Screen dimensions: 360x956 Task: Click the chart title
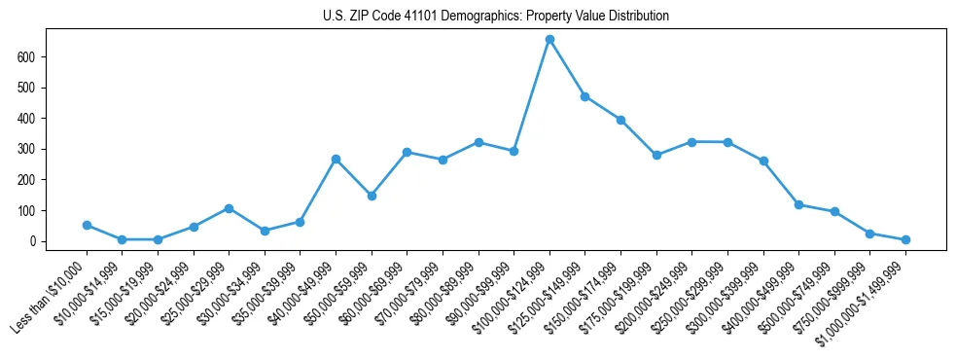click(496, 16)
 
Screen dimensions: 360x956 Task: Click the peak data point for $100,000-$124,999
click(549, 39)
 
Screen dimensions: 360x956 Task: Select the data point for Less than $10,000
click(87, 225)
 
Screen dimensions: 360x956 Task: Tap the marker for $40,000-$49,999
click(336, 159)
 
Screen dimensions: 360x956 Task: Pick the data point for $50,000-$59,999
click(372, 196)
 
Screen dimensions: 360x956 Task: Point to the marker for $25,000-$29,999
click(229, 208)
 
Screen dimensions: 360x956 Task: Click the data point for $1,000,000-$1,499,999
click(905, 239)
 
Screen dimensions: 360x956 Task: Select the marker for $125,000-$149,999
click(585, 96)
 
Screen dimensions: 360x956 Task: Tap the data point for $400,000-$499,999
click(798, 204)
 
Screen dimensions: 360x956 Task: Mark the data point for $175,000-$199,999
click(656, 155)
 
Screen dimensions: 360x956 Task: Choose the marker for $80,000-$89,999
click(478, 142)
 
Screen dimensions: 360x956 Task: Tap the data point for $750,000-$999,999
click(869, 234)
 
